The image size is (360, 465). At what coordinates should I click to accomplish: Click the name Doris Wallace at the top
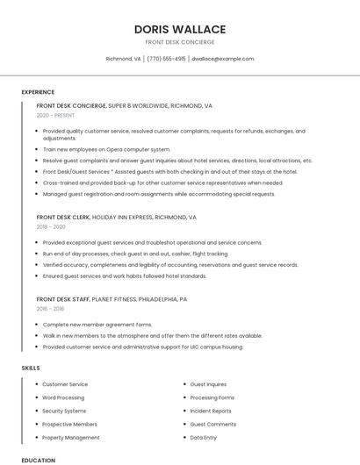point(179,29)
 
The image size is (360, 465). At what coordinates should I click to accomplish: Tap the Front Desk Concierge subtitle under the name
point(179,42)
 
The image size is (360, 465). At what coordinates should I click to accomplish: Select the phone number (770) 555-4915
point(166,59)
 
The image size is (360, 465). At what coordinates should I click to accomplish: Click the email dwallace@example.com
point(223,59)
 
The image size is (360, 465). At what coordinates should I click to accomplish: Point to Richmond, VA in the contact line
point(123,59)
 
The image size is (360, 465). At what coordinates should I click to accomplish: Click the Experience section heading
point(38,92)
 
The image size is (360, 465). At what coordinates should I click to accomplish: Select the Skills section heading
point(31,368)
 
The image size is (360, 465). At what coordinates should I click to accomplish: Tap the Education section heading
point(38,460)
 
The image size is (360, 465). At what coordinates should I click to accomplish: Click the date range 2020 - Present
point(55,115)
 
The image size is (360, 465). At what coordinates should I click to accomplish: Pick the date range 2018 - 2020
point(51,226)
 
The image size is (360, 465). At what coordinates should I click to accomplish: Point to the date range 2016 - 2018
point(50,309)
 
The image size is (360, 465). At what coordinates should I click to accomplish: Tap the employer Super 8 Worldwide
point(138,105)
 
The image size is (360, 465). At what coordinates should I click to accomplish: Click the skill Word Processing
point(63,397)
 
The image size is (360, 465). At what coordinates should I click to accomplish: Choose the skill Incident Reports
point(211,411)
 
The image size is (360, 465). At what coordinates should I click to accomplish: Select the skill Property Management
point(70,437)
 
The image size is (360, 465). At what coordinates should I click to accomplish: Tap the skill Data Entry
point(204,437)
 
